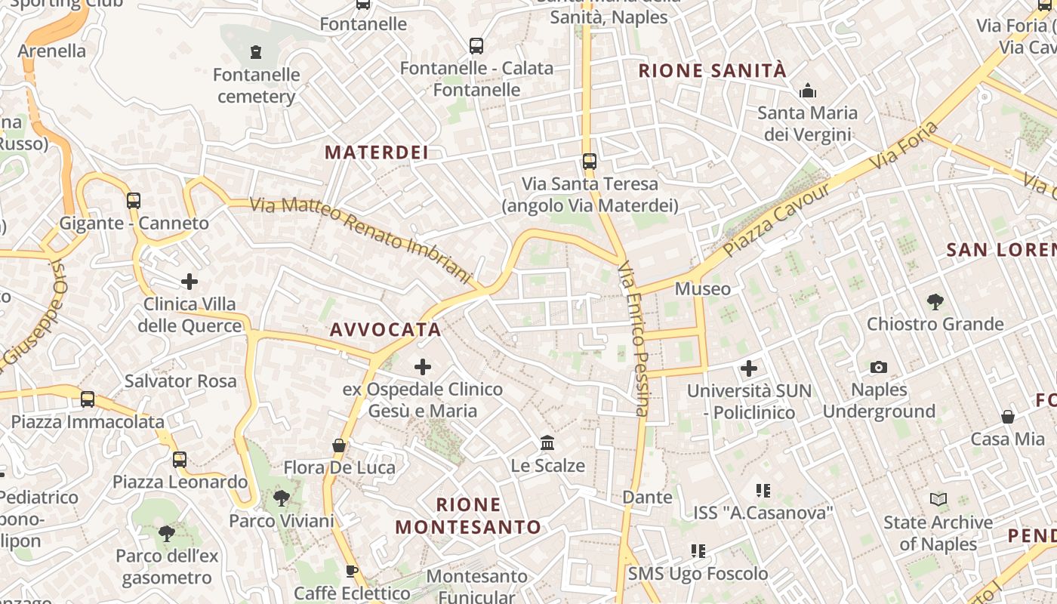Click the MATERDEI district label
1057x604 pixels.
coord(377,153)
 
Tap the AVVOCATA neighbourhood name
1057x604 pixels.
coord(385,330)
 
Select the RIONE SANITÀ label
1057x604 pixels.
coord(712,71)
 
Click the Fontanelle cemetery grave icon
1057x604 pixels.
coord(256,52)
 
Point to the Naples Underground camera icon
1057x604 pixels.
coord(879,367)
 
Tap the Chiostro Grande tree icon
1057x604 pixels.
coord(935,301)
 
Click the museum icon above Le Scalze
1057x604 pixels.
coord(547,442)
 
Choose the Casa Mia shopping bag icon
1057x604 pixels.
coord(1007,417)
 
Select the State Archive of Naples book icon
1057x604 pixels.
coord(938,499)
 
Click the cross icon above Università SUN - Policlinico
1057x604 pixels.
coord(748,368)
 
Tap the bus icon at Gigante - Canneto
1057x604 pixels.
coord(134,201)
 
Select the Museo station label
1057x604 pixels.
coord(703,288)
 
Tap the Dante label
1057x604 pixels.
coord(647,497)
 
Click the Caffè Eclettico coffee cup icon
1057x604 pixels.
coord(350,571)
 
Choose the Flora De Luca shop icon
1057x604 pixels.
coord(339,445)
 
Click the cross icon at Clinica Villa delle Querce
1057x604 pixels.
coord(190,282)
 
